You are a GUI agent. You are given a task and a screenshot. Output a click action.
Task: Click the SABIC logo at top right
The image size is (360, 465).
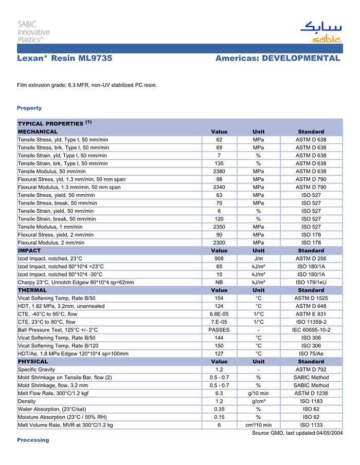(320, 32)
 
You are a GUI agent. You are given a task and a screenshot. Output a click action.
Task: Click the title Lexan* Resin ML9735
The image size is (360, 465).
(65, 58)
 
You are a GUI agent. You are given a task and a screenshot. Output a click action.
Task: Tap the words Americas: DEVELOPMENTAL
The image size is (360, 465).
(278, 58)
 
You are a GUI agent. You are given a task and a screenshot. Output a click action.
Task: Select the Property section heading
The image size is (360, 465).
(29, 108)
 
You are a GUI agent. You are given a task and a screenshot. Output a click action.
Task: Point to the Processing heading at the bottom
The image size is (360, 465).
(33, 440)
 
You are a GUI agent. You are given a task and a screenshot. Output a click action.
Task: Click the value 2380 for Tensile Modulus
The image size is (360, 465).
(219, 172)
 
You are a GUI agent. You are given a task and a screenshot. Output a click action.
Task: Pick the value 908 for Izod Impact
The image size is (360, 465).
(219, 258)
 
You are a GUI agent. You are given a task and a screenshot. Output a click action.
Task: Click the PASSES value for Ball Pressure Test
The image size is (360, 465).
(219, 330)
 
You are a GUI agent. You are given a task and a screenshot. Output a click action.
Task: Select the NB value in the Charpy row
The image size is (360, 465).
(219, 282)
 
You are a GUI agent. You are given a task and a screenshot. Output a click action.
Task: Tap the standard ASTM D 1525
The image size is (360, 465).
(311, 298)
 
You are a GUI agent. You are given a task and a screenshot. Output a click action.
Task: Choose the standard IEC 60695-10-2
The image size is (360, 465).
(311, 330)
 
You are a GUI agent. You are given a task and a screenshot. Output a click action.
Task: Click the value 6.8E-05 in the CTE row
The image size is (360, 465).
(219, 314)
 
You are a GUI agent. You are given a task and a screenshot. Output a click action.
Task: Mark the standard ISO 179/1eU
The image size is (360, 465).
(311, 282)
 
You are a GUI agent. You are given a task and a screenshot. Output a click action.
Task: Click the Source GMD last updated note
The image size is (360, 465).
(297, 433)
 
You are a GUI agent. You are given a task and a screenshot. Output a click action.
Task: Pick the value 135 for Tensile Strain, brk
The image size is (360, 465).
(219, 163)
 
